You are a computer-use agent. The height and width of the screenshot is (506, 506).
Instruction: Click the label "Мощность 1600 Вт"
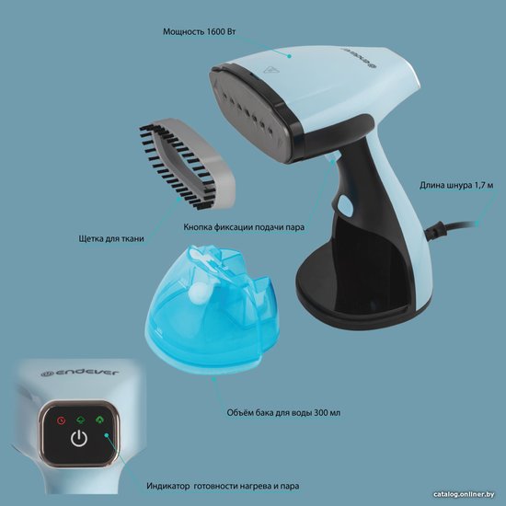point(200,31)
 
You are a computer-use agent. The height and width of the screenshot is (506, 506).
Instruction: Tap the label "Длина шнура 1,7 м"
point(456,186)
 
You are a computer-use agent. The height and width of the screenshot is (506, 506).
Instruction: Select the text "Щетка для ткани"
point(111,239)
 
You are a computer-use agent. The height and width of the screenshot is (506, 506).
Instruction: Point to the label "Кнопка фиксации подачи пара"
point(244,227)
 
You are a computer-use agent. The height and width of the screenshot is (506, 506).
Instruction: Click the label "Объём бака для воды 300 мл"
point(283,413)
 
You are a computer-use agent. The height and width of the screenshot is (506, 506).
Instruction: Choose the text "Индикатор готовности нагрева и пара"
point(223,486)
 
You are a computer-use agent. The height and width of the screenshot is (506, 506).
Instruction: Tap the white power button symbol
point(79,439)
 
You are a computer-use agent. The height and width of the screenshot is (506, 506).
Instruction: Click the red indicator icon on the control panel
point(61,420)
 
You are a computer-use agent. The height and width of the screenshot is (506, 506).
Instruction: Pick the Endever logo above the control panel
point(80,373)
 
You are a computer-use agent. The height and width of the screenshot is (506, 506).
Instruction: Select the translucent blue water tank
point(211,309)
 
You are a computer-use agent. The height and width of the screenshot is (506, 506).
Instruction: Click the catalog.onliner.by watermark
point(464,494)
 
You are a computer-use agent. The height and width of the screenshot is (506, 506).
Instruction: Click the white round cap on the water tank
point(198,294)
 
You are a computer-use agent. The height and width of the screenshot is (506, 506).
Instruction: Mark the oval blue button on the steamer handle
point(345,204)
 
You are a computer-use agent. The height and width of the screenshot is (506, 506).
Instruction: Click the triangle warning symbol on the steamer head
point(271,69)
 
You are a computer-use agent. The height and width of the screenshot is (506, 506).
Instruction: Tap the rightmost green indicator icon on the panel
point(100,420)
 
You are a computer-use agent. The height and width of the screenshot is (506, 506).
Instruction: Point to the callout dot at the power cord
point(477,223)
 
